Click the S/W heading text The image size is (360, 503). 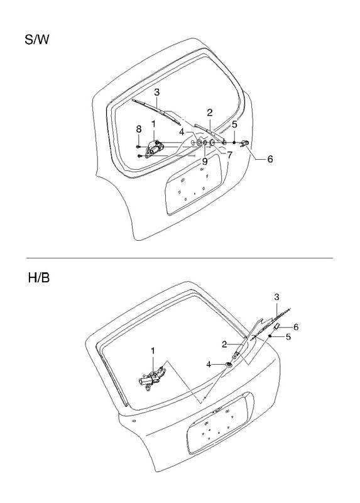pyautogui.click(x=37, y=40)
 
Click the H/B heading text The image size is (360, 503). pyautogui.click(x=39, y=277)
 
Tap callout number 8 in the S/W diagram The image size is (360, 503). pyautogui.click(x=138, y=129)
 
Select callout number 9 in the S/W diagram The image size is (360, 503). pyautogui.click(x=205, y=162)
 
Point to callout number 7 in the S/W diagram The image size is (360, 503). pyautogui.click(x=229, y=155)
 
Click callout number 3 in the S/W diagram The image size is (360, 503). pyautogui.click(x=157, y=92)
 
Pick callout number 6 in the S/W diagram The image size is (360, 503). pyautogui.click(x=270, y=159)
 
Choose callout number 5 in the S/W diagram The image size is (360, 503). pyautogui.click(x=234, y=124)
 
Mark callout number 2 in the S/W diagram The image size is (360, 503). pyautogui.click(x=210, y=113)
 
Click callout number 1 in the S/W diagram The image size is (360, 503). pyautogui.click(x=153, y=124)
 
